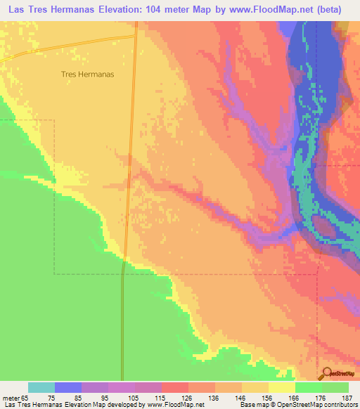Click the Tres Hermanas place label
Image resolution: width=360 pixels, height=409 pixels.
point(88,73)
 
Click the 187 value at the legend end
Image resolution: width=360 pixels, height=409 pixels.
point(348,397)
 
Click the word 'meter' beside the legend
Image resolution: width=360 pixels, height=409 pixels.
point(12,397)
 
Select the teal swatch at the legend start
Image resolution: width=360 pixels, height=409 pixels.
point(41,387)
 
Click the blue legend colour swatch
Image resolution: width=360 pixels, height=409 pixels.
point(68,387)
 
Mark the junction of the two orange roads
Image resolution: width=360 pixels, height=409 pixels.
point(134,35)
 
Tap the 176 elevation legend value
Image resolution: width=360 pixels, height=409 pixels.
point(321,397)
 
